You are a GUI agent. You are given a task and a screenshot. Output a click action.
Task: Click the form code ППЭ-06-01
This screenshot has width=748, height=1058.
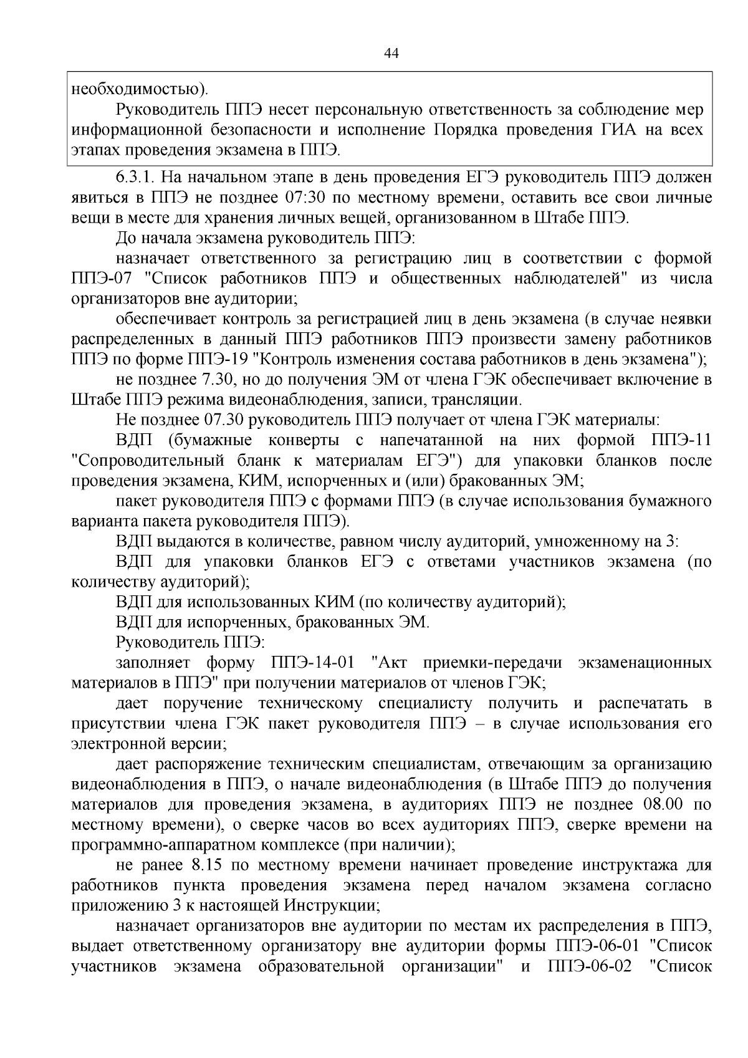point(597,946)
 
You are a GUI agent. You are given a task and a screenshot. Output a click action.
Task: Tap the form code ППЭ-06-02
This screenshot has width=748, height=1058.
point(590,966)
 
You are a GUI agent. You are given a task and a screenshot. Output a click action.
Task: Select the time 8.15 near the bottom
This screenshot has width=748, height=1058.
point(201,865)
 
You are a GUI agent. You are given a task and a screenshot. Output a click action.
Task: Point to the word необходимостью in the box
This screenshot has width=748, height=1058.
point(138,89)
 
